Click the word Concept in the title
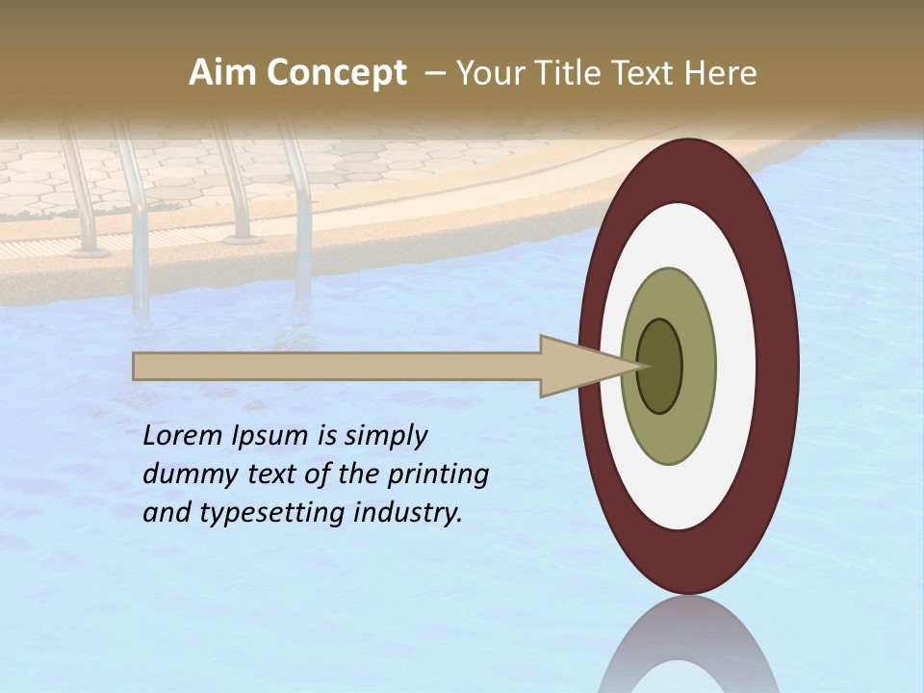pyautogui.click(x=337, y=73)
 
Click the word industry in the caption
pyautogui.click(x=408, y=513)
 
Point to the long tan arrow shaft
pyautogui.click(x=337, y=366)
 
